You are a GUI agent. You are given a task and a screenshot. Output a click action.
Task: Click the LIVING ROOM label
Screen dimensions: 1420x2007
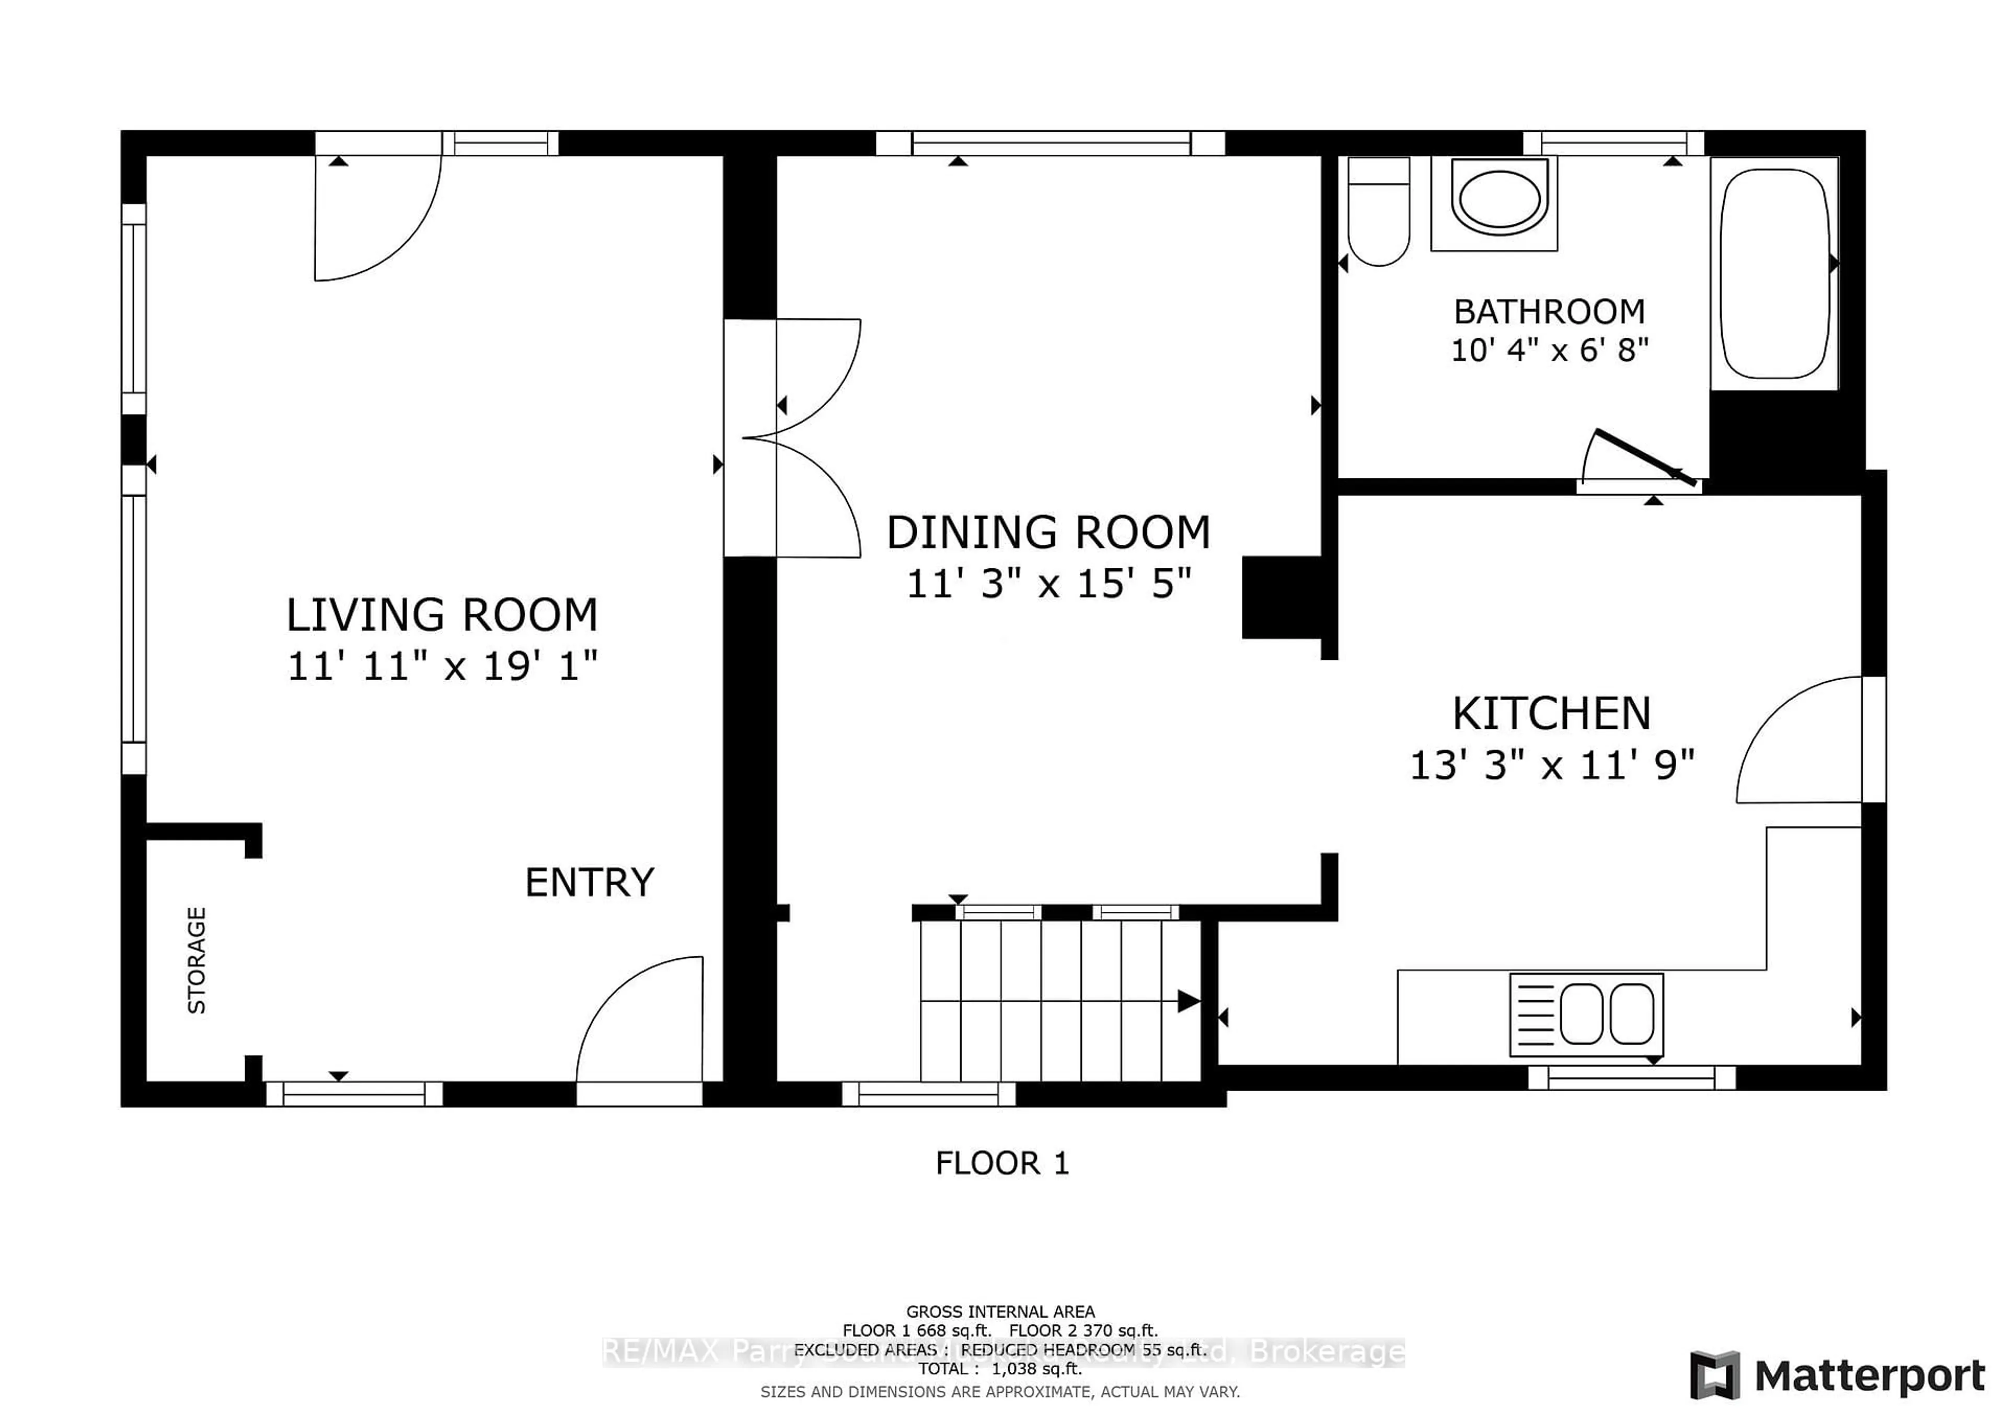(442, 615)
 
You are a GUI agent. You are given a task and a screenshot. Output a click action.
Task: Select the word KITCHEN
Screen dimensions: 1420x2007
(1552, 714)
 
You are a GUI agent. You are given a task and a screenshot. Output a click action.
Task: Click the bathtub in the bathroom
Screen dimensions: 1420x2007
(1774, 273)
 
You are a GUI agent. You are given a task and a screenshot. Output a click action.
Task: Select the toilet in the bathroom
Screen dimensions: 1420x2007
(1378, 212)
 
